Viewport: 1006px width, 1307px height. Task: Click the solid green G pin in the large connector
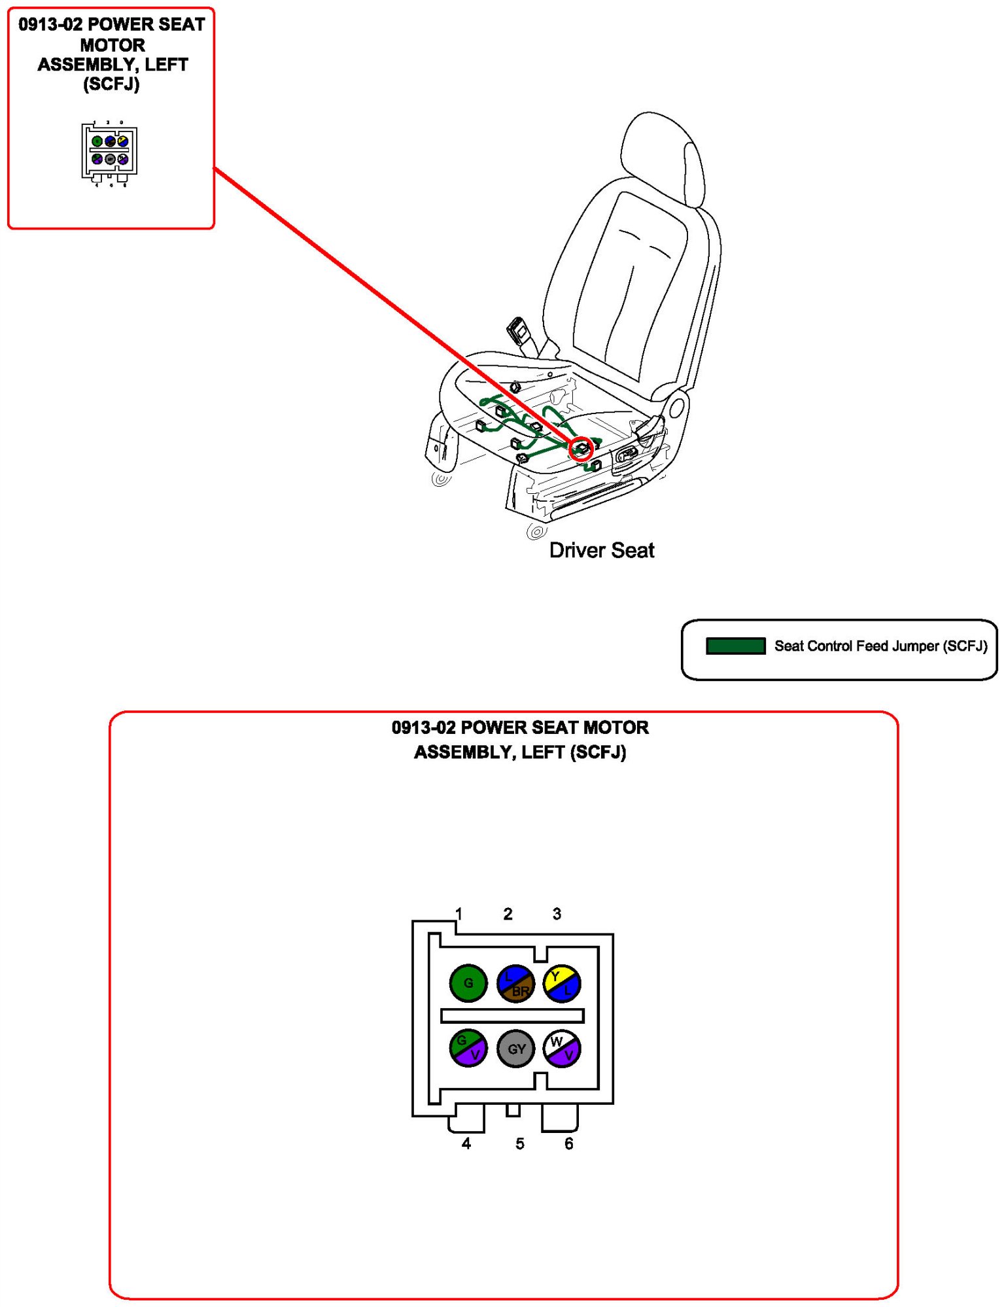pyautogui.click(x=468, y=983)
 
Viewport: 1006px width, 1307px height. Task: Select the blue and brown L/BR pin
pyautogui.click(x=515, y=983)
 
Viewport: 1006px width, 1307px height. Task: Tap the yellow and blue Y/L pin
pyautogui.click(x=562, y=983)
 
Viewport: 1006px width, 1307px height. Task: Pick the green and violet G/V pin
pyautogui.click(x=468, y=1048)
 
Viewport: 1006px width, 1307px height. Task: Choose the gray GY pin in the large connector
pyautogui.click(x=515, y=1049)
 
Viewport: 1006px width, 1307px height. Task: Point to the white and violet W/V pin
pyautogui.click(x=562, y=1048)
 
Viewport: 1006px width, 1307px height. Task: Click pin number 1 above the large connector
pyautogui.click(x=459, y=913)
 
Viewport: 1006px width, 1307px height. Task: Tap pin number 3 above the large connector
pyautogui.click(x=557, y=913)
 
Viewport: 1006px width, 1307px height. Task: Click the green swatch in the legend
pyautogui.click(x=735, y=646)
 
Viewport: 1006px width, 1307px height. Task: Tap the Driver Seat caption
pyautogui.click(x=602, y=550)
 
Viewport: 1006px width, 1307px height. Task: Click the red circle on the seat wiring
pyautogui.click(x=580, y=449)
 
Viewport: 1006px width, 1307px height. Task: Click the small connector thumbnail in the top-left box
pyautogui.click(x=109, y=151)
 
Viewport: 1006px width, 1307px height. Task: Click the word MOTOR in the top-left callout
pyautogui.click(x=113, y=45)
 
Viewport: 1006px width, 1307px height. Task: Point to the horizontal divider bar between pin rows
pyautogui.click(x=512, y=1015)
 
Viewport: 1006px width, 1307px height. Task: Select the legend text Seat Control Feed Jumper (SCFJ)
pyautogui.click(x=880, y=646)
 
